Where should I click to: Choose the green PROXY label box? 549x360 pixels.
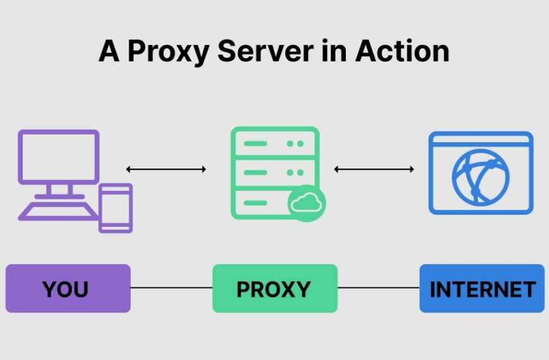tap(274, 289)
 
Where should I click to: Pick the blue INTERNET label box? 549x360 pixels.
tap(481, 289)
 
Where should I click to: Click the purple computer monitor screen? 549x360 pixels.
tap(58, 157)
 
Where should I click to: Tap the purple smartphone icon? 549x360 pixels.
tap(115, 208)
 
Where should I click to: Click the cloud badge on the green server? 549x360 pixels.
tap(307, 203)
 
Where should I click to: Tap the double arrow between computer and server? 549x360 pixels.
tap(166, 169)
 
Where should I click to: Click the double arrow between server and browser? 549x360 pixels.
tap(374, 169)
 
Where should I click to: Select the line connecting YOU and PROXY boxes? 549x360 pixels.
tap(171, 289)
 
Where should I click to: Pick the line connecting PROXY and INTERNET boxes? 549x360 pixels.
tap(379, 289)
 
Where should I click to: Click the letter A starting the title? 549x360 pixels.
tap(109, 51)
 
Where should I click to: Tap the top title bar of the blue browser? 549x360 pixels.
tap(481, 138)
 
